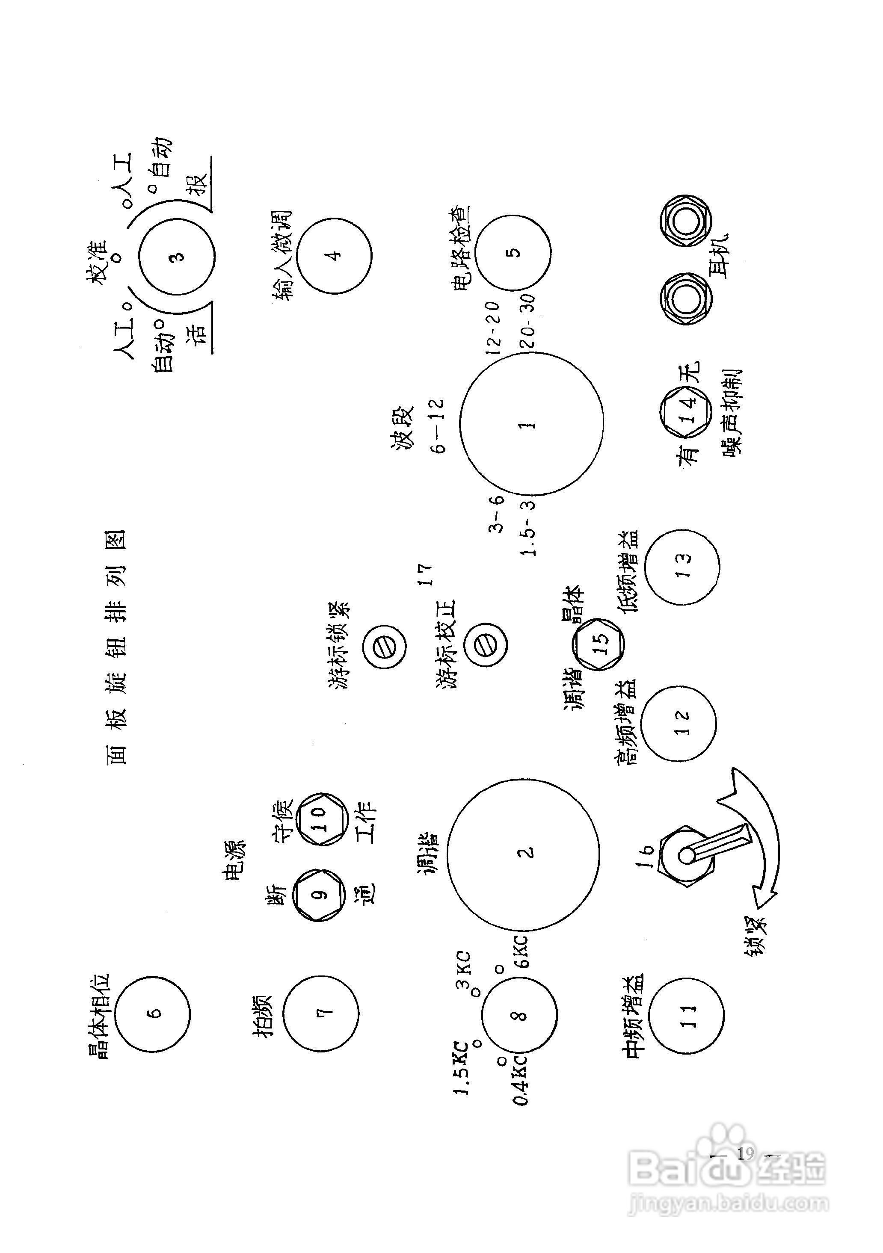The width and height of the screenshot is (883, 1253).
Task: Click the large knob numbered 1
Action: [x=531, y=423]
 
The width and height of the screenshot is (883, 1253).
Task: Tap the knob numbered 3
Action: [x=176, y=256]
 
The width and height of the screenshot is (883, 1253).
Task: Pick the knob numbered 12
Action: [x=678, y=723]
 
